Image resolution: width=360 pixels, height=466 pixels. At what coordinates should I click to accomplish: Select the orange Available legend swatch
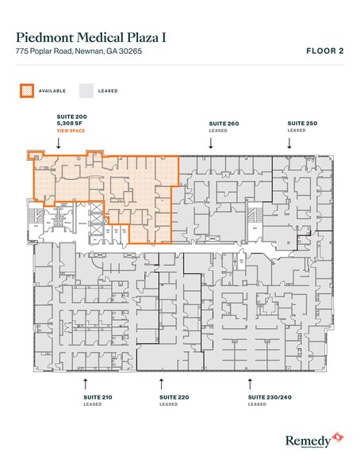point(26,90)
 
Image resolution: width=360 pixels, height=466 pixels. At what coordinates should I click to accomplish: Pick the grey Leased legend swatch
point(86,90)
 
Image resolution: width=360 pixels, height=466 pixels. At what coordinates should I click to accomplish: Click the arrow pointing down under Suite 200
point(60,143)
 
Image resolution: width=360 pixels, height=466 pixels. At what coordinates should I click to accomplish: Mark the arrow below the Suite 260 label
point(210,143)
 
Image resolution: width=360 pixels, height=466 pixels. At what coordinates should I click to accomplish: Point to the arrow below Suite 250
point(289,143)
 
